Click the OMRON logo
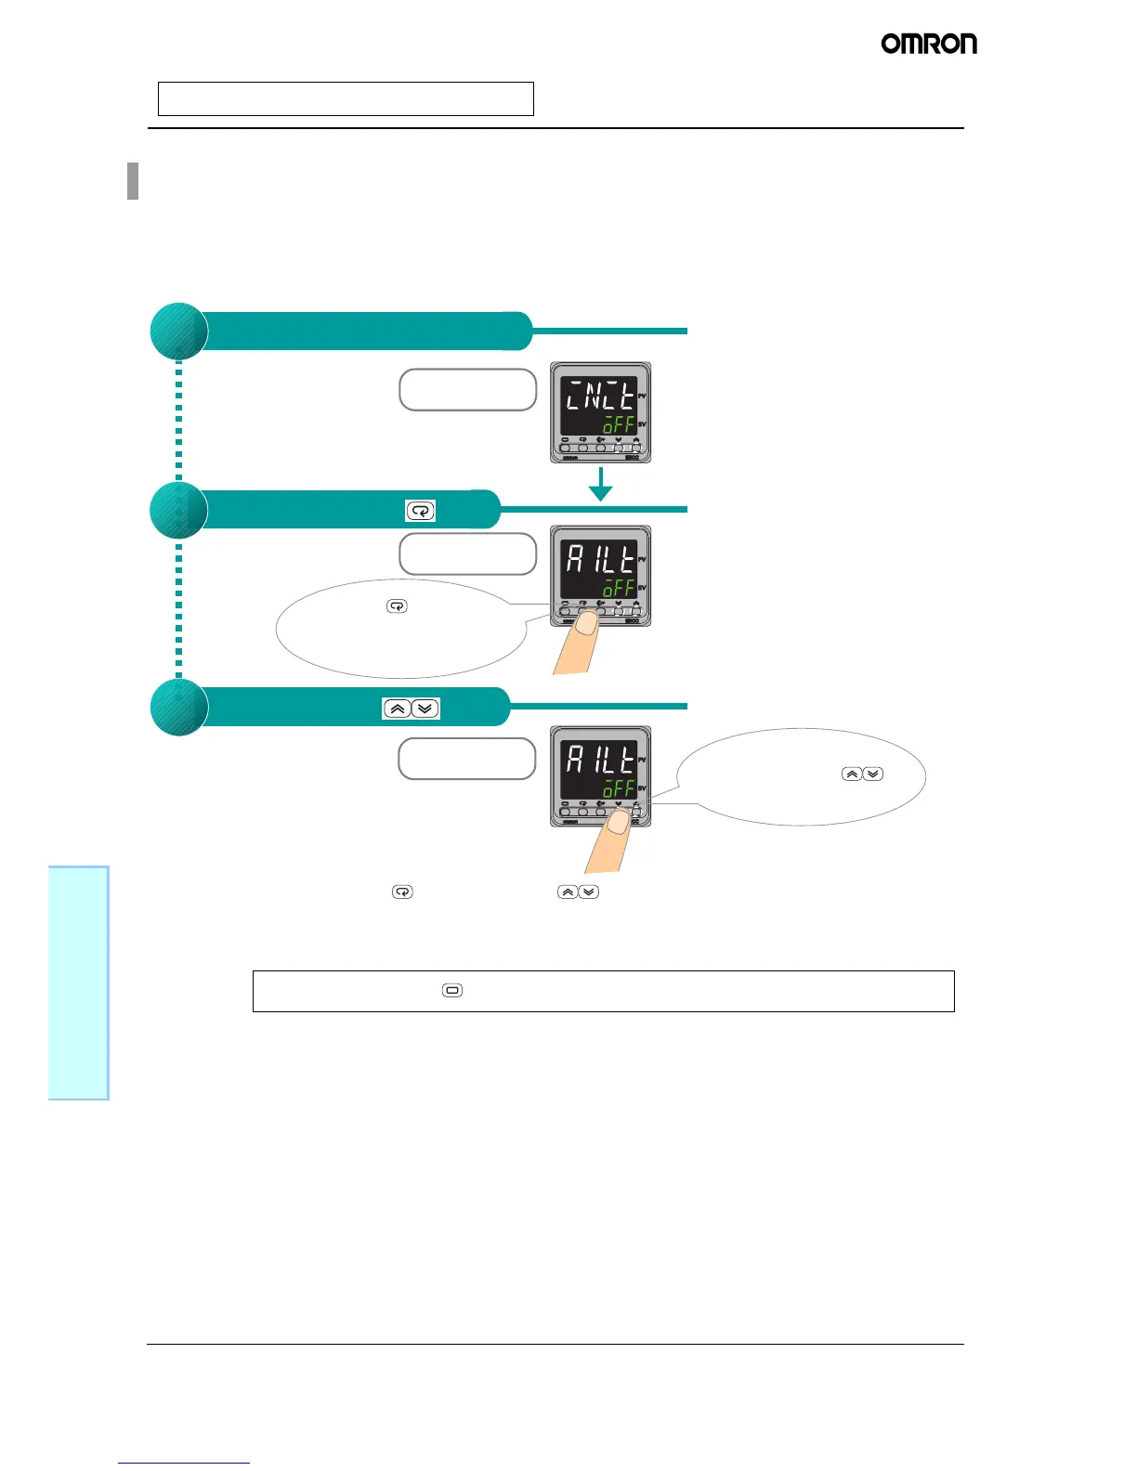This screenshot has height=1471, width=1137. coord(929,44)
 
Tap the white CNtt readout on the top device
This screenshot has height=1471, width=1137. coord(600,397)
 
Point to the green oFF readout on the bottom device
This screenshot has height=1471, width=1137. coord(619,789)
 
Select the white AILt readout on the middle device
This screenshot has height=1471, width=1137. coord(600,559)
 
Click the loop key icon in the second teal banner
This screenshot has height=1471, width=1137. coord(420,511)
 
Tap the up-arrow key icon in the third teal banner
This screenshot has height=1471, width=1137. coord(397,709)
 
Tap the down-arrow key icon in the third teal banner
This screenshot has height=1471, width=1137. coord(425,709)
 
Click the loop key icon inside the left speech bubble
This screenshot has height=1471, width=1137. coord(397,606)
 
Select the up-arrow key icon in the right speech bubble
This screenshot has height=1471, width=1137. coord(851,775)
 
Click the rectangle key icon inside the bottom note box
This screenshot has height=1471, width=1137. coord(452,991)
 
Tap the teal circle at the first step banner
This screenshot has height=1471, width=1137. coord(178,332)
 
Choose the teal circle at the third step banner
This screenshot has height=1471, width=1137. coord(178,708)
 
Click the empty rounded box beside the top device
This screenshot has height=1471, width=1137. coord(468,390)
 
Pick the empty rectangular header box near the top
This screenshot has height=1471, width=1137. coord(346,98)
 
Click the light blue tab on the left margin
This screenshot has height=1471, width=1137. coord(79,983)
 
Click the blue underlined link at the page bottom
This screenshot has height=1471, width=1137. coord(184,1464)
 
